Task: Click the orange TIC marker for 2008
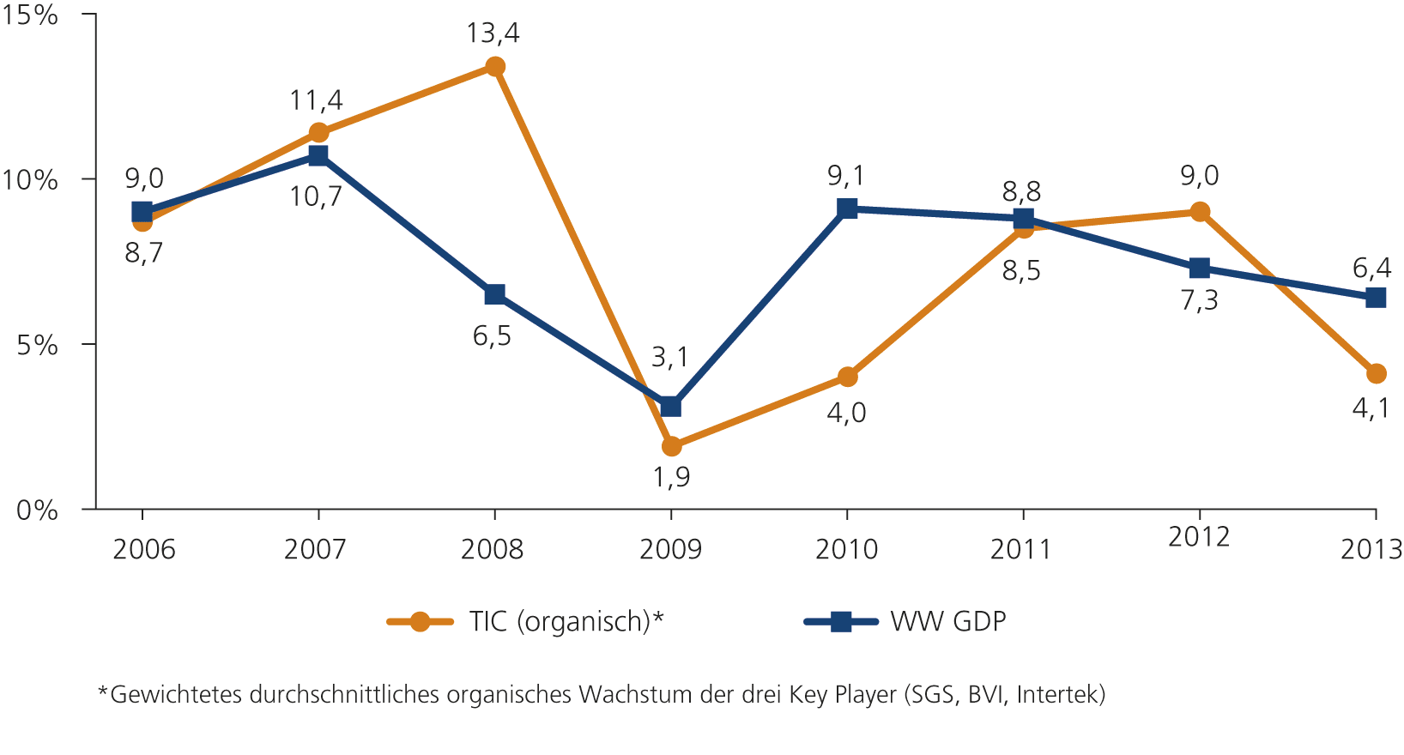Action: click(x=495, y=67)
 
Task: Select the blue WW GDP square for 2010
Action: click(x=847, y=208)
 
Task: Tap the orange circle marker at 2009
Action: click(x=671, y=446)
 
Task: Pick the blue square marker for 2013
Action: click(x=1375, y=298)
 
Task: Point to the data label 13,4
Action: click(x=493, y=33)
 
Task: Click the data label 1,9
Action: click(x=671, y=477)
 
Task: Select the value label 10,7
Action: click(x=316, y=196)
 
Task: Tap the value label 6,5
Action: click(x=492, y=336)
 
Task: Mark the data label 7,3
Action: click(x=1199, y=301)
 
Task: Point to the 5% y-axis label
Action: click(x=37, y=345)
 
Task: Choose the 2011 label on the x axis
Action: click(x=1021, y=549)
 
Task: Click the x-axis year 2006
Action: click(x=143, y=549)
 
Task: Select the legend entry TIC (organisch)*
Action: click(x=566, y=621)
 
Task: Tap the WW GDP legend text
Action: click(x=947, y=621)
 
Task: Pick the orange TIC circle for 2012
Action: click(x=1200, y=212)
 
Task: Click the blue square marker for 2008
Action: click(x=494, y=294)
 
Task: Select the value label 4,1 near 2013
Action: click(x=1371, y=408)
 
